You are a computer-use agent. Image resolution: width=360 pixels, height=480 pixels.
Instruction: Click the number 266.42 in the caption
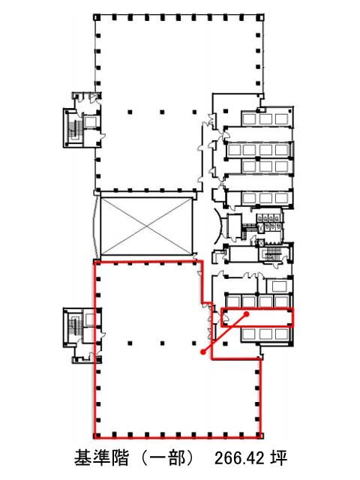[x=238, y=458]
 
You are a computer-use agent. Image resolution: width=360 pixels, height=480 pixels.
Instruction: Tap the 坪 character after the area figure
[x=278, y=458]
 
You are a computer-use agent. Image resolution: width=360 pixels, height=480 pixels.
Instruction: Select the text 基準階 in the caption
[x=101, y=458]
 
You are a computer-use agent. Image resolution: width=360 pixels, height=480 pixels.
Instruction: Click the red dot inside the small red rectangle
[x=247, y=313]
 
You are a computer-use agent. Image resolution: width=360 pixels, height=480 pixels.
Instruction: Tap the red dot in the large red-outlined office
[x=202, y=352]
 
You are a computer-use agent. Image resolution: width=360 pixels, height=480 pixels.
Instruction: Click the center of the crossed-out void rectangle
[x=146, y=226]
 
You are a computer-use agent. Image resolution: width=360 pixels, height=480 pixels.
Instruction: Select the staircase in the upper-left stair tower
[x=74, y=131]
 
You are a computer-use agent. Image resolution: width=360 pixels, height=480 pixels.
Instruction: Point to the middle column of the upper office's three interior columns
[x=162, y=112]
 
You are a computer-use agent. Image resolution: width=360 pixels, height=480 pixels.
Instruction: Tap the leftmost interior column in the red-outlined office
[x=130, y=343]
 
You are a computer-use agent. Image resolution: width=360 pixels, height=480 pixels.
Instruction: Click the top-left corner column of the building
[x=96, y=16]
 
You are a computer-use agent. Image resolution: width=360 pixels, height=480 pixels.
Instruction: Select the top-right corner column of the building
[x=260, y=16]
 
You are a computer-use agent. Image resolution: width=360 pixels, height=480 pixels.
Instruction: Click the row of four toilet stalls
[x=268, y=218]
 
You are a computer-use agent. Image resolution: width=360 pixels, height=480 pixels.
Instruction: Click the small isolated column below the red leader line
[x=226, y=343]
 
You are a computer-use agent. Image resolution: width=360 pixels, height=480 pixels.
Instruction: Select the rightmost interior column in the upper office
[x=194, y=112]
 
